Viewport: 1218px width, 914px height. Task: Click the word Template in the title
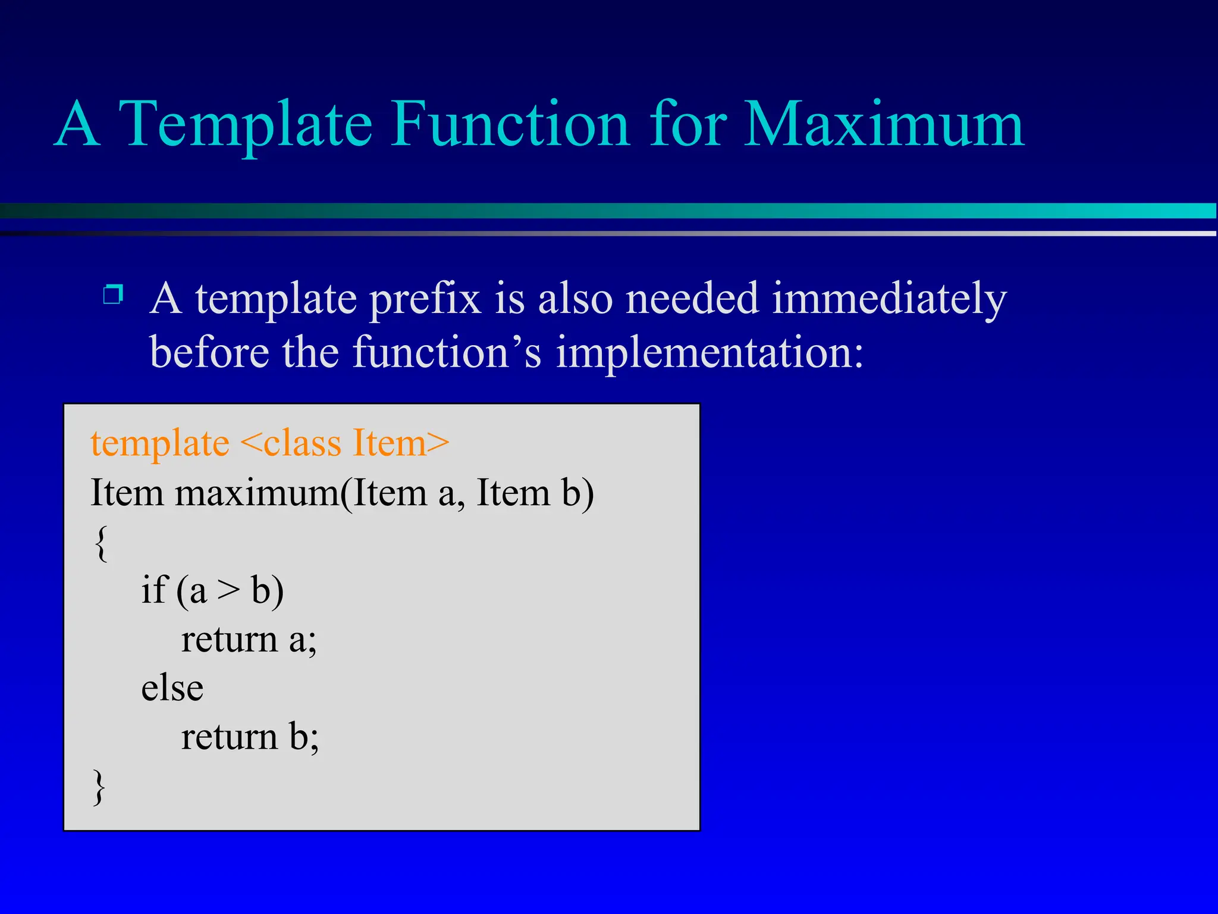coord(245,125)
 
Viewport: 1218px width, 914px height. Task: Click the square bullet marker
coord(113,295)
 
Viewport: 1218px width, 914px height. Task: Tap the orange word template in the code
coord(159,444)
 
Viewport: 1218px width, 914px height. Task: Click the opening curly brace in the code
coord(101,543)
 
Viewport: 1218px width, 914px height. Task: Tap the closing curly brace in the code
coord(99,787)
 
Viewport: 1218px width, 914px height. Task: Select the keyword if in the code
coord(154,590)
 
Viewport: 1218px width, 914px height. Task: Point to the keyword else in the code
coord(172,689)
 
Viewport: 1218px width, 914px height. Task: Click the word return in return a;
coord(229,641)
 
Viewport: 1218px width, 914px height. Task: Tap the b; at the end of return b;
coord(304,738)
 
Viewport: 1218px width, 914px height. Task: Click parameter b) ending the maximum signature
coord(577,494)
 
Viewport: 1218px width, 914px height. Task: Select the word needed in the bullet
coord(692,299)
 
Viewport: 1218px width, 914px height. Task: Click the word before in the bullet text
coord(208,352)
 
